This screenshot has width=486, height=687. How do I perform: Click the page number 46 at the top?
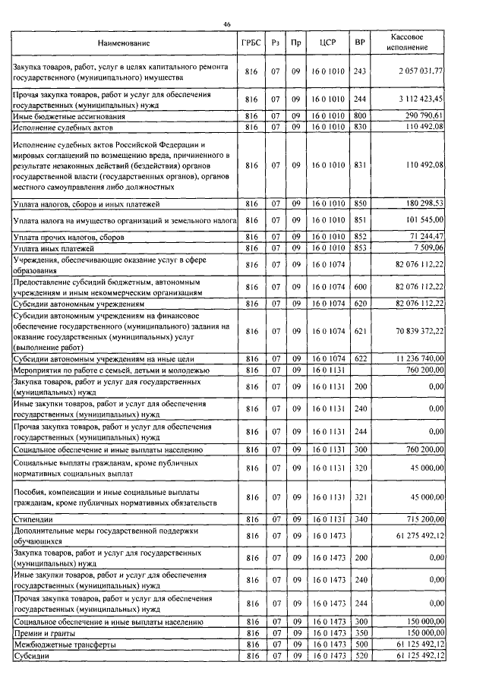tap(226, 25)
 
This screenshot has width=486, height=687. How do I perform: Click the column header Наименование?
tap(125, 43)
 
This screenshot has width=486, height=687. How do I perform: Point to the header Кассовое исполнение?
tap(411, 43)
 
